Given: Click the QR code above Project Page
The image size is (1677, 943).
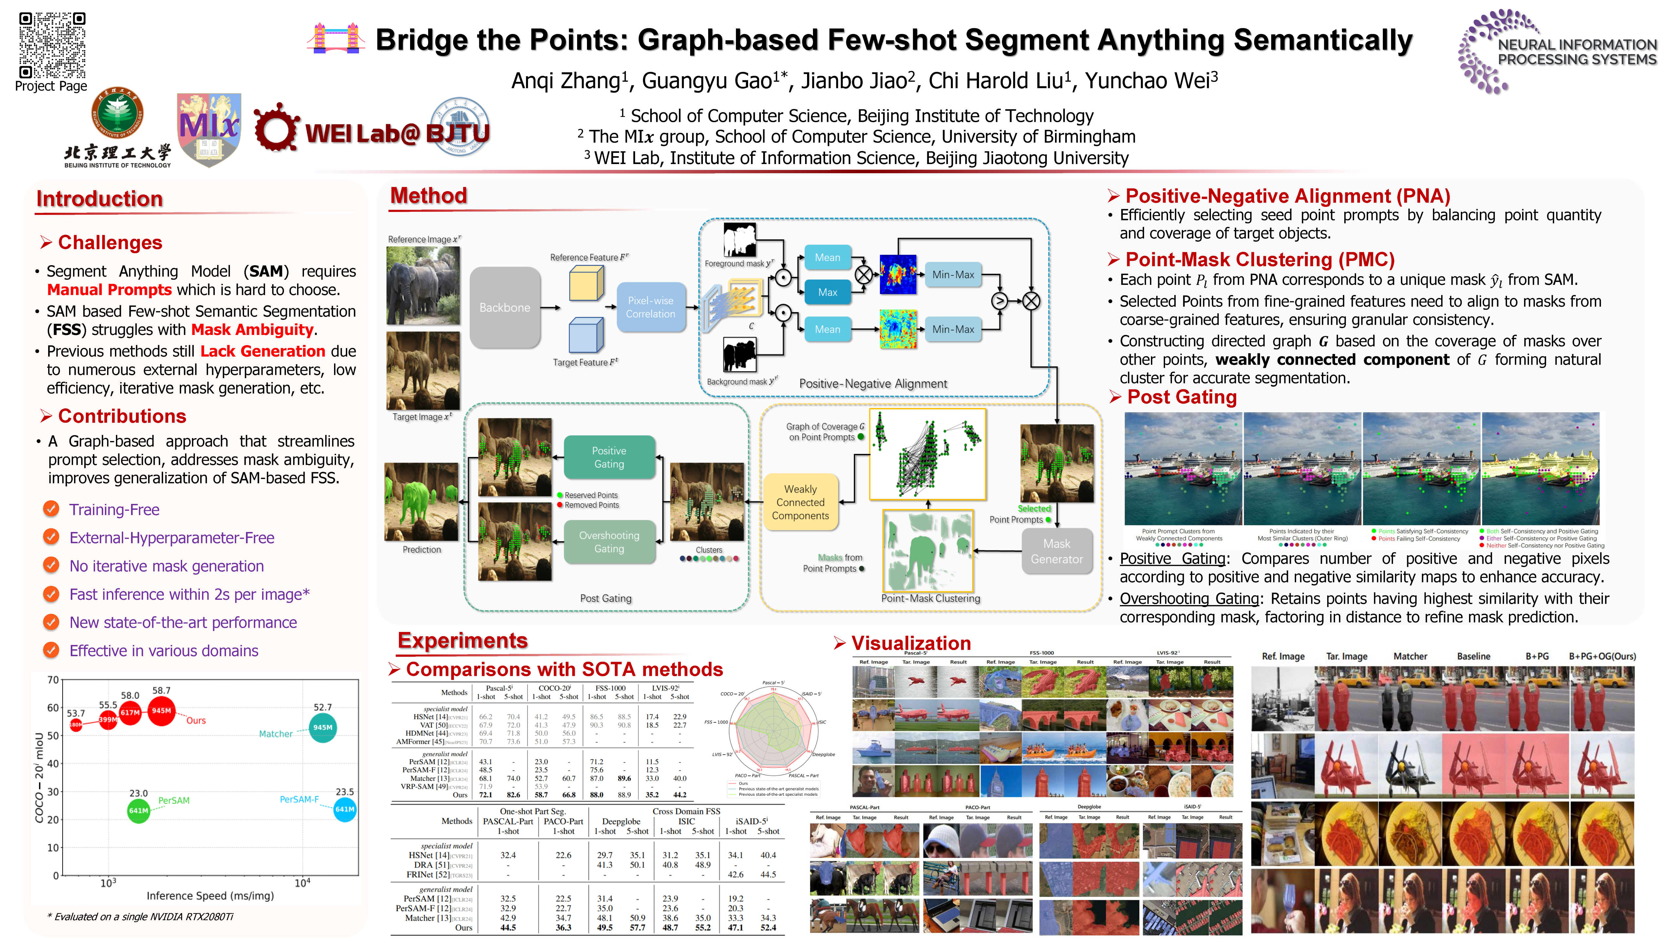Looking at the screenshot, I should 52,44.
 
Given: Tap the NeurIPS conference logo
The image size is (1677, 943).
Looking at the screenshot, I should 1556,51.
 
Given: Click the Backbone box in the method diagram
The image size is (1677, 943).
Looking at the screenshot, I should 504,307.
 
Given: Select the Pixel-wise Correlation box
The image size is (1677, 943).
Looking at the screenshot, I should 650,307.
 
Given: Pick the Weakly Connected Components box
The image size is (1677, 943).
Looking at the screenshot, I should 800,502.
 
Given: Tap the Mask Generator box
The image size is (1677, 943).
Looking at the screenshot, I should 1056,551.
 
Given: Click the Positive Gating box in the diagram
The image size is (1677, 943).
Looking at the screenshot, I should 609,457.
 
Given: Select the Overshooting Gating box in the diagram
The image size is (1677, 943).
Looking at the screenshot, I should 609,542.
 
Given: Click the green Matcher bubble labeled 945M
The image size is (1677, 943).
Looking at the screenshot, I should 322,728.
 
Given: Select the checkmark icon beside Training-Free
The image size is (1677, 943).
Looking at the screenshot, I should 51,509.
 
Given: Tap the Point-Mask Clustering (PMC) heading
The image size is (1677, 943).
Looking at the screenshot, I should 1260,260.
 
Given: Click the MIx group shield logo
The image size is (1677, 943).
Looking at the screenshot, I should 209,129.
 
